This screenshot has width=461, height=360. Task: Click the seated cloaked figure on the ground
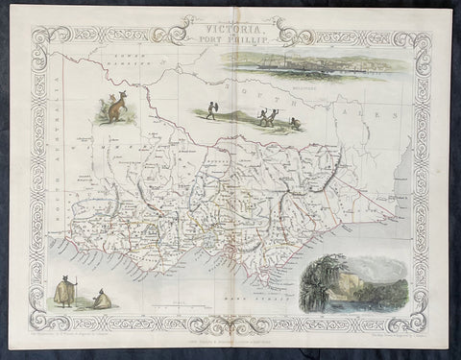(x=102, y=300)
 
